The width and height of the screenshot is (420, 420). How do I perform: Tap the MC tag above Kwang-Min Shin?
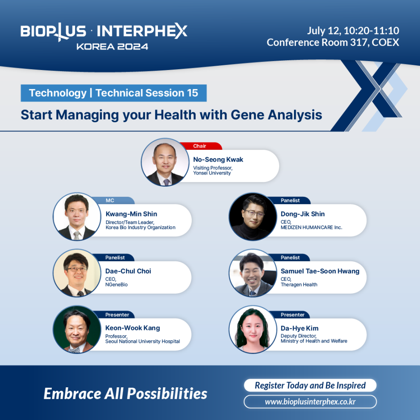tap(112, 200)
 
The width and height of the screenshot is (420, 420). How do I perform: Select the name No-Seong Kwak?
tap(218, 160)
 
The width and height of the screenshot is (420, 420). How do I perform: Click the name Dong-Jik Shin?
tap(302, 214)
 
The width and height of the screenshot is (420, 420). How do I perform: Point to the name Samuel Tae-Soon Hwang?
tap(320, 271)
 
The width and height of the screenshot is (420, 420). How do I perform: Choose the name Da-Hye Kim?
tap(300, 328)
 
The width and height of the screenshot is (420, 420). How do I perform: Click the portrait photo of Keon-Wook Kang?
tap(77, 330)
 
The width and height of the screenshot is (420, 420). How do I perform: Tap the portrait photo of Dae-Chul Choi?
tap(77, 273)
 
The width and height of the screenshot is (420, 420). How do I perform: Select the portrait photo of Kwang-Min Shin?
tap(77, 216)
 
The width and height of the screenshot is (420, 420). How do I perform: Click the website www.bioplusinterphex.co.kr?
tap(310, 402)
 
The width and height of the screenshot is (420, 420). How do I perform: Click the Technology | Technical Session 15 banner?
tap(114, 93)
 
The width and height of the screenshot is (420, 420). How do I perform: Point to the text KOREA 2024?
tap(112, 47)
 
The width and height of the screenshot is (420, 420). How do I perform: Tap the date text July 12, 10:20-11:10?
tap(353, 31)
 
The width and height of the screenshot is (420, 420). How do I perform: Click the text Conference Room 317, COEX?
tap(333, 42)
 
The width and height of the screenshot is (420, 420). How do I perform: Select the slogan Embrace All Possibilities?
tap(125, 394)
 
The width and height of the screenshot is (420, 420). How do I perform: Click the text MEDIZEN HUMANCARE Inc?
tap(311, 227)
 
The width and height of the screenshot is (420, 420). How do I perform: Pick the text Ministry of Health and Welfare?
tap(314, 341)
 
